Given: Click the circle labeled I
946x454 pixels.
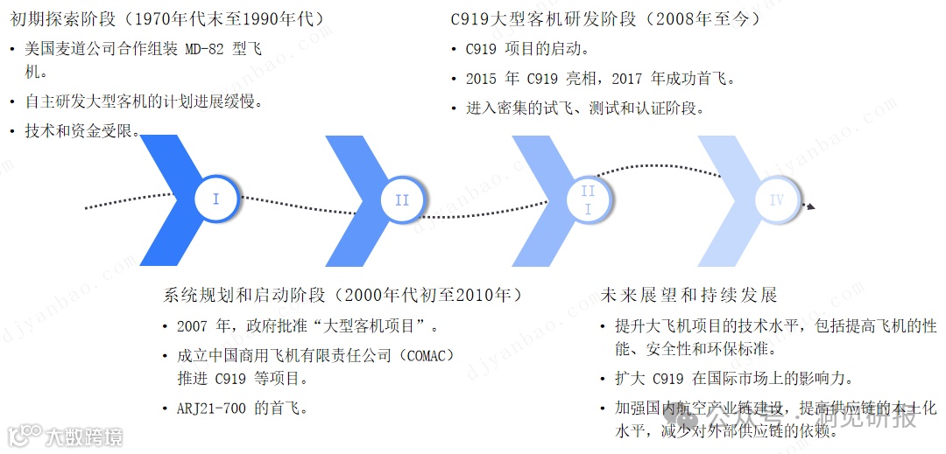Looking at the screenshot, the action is click(x=215, y=199).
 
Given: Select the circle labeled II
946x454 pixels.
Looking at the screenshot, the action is click(x=401, y=200).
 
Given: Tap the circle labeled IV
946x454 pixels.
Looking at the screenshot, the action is click(x=776, y=200).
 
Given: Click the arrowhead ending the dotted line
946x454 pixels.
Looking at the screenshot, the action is click(x=811, y=206).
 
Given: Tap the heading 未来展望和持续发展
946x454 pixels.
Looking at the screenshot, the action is click(x=689, y=295).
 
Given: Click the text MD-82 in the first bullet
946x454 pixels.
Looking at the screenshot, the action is click(x=208, y=49).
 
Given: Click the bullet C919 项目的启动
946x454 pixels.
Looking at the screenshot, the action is click(x=527, y=49).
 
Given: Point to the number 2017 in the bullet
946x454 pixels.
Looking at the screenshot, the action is click(x=626, y=79).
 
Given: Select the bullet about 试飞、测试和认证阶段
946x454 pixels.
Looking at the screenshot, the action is click(x=585, y=108).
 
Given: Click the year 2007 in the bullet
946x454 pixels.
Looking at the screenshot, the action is click(x=192, y=327).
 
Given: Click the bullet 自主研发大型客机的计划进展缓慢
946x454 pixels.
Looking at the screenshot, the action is click(x=145, y=101).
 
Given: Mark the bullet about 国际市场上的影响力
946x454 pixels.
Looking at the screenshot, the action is click(x=733, y=379).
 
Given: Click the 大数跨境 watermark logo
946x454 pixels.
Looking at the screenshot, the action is click(x=66, y=435).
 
